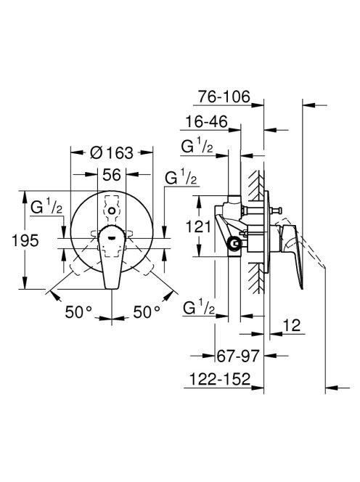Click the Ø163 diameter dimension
coord(112,152)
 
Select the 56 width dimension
coord(112,175)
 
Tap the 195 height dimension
coord(25,240)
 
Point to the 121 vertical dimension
coord(199,227)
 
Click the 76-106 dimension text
coord(224,97)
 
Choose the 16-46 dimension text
coord(206,122)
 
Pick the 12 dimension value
coord(291,325)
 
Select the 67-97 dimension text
coord(238,356)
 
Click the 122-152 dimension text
coord(220,379)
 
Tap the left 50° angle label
coord(78,312)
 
